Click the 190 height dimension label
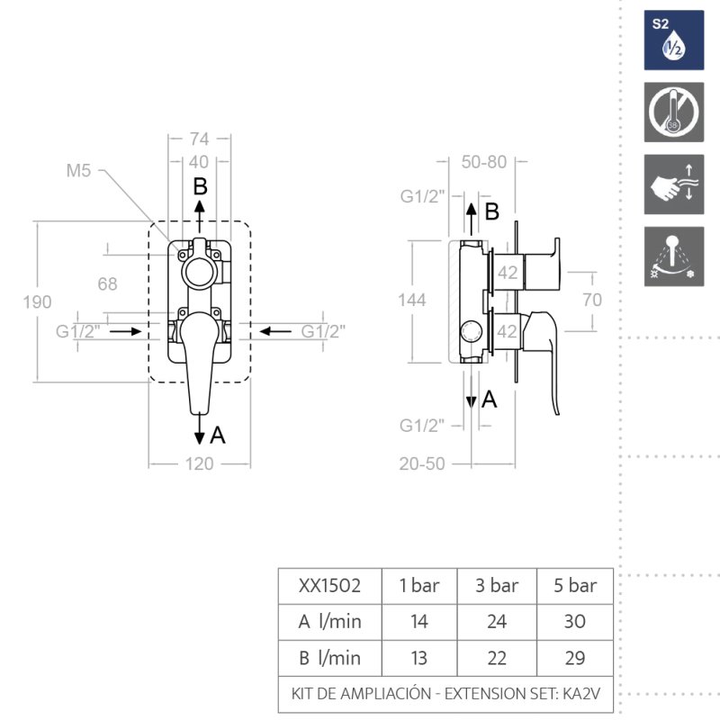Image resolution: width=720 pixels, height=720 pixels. [38, 301]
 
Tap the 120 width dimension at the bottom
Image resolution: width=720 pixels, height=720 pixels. [199, 463]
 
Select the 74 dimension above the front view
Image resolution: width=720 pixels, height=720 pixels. [199, 139]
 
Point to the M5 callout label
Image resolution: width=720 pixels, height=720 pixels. [78, 171]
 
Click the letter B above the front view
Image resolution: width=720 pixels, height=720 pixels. [201, 186]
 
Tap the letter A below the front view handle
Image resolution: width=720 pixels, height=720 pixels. [217, 436]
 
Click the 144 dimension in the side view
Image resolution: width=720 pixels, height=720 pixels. [411, 301]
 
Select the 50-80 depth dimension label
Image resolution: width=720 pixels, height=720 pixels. [483, 163]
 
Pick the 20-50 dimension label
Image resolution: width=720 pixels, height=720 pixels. [423, 463]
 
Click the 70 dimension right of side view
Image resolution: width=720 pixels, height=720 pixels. [591, 301]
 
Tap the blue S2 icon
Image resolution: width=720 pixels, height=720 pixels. [673, 40]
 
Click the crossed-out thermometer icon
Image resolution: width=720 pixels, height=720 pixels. [673, 112]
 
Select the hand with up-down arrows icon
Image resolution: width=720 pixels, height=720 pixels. [673, 184]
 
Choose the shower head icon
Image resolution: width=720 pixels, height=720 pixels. [673, 256]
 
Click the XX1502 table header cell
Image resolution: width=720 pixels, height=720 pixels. [329, 586]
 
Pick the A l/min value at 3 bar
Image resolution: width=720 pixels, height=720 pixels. [496, 621]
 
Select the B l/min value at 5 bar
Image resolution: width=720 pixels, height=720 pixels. [575, 657]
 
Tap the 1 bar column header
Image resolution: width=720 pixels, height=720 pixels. [418, 586]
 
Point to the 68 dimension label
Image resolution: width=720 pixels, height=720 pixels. [107, 284]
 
